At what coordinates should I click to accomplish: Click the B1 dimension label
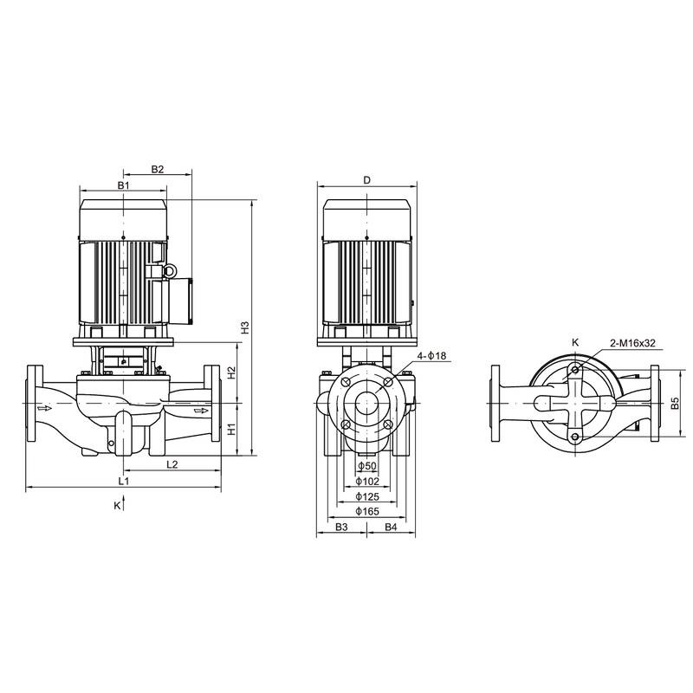(123, 186)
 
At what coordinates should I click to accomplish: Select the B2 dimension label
(157, 170)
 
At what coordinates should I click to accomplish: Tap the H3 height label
(245, 328)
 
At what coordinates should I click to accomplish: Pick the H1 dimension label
(231, 428)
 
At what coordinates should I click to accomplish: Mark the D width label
(367, 180)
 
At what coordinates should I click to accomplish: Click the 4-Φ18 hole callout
(431, 356)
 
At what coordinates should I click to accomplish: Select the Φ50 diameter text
(367, 466)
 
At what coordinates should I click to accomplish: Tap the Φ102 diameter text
(368, 481)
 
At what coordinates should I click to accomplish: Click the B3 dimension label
(341, 527)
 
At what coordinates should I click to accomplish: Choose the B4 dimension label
(391, 527)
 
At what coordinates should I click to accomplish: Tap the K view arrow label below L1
(117, 504)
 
